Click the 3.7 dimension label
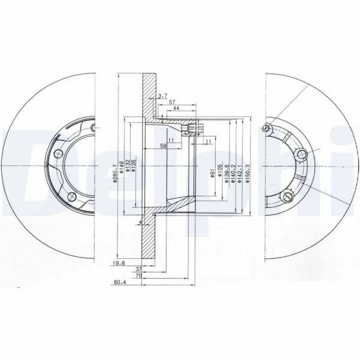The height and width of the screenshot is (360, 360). point(162,96)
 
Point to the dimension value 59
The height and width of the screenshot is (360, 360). point(163,145)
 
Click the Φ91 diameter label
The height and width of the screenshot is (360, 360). point(213,174)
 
